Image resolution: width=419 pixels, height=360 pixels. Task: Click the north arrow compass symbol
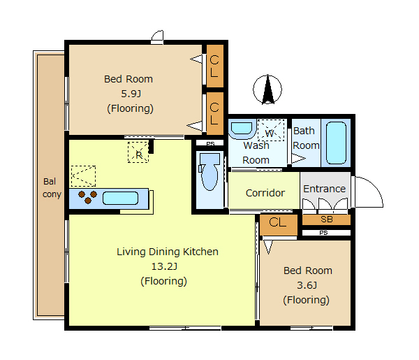(x=267, y=89)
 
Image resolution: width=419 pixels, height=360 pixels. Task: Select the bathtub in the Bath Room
(x=336, y=143)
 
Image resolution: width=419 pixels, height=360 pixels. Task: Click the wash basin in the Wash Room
(x=242, y=129)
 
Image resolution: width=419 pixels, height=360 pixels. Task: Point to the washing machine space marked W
(x=271, y=130)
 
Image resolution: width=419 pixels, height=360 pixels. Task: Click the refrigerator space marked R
(x=138, y=152)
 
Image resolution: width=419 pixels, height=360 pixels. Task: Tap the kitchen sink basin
(x=120, y=199)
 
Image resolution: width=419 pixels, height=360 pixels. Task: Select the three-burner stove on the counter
(x=88, y=197)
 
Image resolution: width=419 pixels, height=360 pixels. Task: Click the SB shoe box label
(x=327, y=219)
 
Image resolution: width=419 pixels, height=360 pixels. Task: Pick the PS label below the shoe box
(x=323, y=233)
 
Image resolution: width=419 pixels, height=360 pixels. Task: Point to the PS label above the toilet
(x=210, y=144)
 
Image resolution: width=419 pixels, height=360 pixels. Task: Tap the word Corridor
(x=265, y=193)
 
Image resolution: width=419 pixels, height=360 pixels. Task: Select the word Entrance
(x=325, y=189)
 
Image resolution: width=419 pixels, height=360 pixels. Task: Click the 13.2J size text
(x=164, y=266)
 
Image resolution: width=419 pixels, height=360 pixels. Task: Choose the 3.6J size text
(x=307, y=285)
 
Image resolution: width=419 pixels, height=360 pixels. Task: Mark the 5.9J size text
(x=131, y=94)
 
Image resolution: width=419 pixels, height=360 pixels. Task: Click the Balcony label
(x=52, y=188)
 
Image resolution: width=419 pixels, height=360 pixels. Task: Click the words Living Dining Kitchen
(x=168, y=252)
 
